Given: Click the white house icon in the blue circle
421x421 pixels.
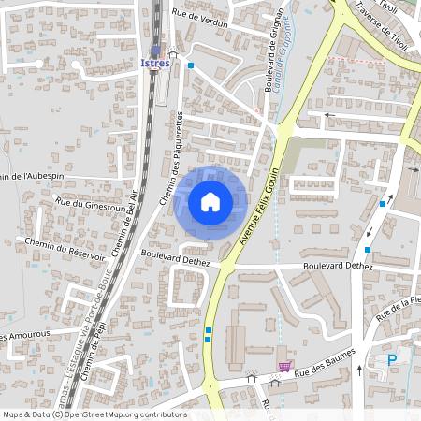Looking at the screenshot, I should click(x=210, y=201).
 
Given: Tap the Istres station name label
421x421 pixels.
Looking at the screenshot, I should click(x=154, y=64).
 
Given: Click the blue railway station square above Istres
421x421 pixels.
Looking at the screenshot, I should click(x=155, y=51).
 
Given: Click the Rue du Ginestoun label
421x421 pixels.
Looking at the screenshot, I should click(x=90, y=204).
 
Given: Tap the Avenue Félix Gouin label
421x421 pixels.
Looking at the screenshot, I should click(x=260, y=207).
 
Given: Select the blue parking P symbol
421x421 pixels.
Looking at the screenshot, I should click(x=393, y=360).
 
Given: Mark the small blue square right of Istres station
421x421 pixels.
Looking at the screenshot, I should click(x=190, y=65).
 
